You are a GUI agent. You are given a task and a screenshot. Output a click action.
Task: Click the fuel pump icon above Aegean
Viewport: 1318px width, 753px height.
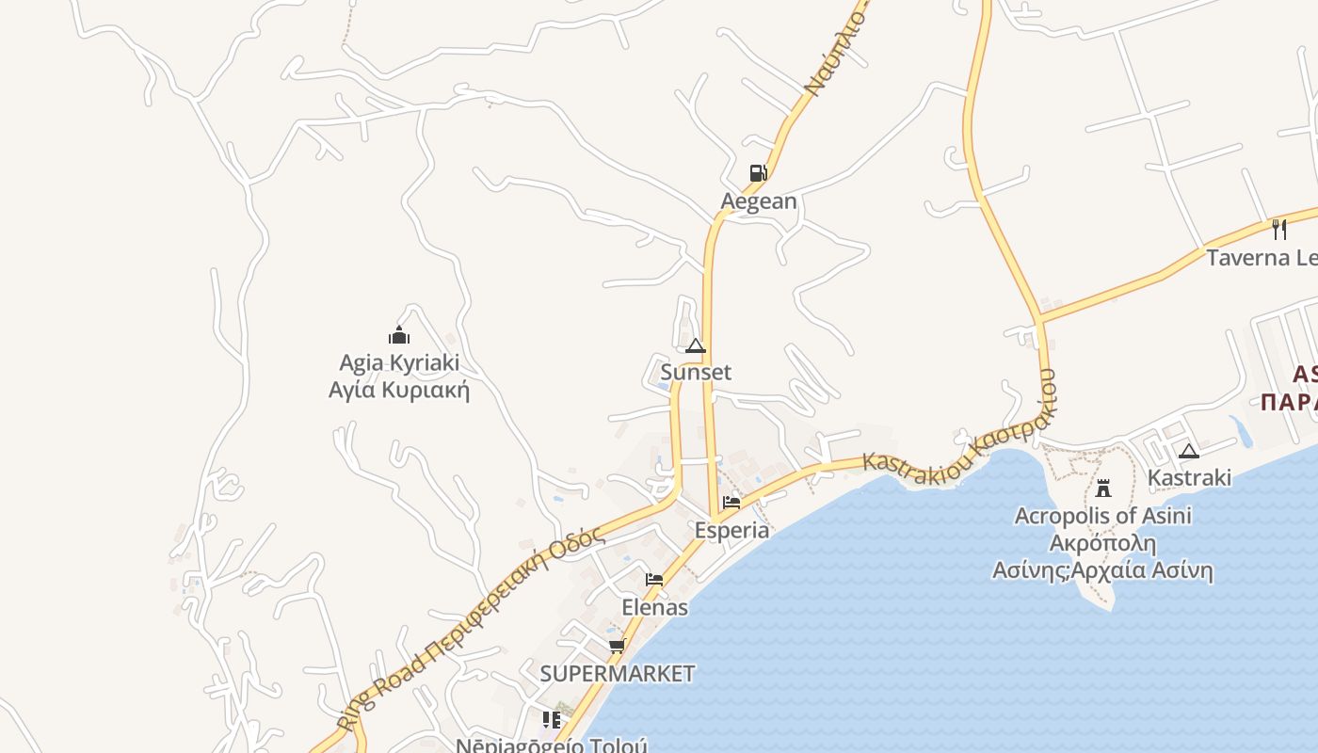[758, 173]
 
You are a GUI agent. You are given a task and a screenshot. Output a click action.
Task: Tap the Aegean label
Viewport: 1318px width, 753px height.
[758, 201]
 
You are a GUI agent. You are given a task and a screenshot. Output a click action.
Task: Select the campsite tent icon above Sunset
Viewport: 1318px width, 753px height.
[696, 346]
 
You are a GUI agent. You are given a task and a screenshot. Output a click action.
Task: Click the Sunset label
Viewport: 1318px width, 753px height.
[696, 373]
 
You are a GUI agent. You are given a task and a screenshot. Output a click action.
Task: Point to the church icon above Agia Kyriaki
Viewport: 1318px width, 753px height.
[399, 335]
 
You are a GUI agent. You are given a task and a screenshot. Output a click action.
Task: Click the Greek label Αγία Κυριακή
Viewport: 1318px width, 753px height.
[399, 390]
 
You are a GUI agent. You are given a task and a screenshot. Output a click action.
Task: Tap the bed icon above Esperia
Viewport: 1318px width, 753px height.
[731, 503]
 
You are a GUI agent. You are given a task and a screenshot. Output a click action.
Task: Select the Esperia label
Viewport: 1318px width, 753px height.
[731, 531]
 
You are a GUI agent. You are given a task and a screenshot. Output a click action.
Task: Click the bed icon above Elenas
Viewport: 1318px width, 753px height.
[654, 580]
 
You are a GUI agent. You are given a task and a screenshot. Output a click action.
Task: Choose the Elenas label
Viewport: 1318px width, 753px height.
[654, 608]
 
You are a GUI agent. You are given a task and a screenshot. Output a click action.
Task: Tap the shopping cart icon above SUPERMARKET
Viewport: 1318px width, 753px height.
[618, 646]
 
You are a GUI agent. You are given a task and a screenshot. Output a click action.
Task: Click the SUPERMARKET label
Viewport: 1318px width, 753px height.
[618, 674]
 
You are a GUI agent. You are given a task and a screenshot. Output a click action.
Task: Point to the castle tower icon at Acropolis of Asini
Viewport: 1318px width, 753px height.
[1103, 488]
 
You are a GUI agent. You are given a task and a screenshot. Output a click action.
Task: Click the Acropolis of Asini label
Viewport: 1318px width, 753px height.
[1103, 516]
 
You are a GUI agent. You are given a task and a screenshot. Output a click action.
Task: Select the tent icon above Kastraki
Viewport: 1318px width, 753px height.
[1189, 451]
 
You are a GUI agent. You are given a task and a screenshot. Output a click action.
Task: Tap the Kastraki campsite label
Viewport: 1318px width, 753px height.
[1189, 478]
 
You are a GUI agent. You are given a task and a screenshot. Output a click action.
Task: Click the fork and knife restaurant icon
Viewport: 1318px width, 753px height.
[1279, 229]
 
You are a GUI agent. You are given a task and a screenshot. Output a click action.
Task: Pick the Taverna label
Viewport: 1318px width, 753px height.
[1262, 258]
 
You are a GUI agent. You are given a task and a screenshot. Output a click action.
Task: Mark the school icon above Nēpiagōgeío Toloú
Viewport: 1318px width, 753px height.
[552, 720]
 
